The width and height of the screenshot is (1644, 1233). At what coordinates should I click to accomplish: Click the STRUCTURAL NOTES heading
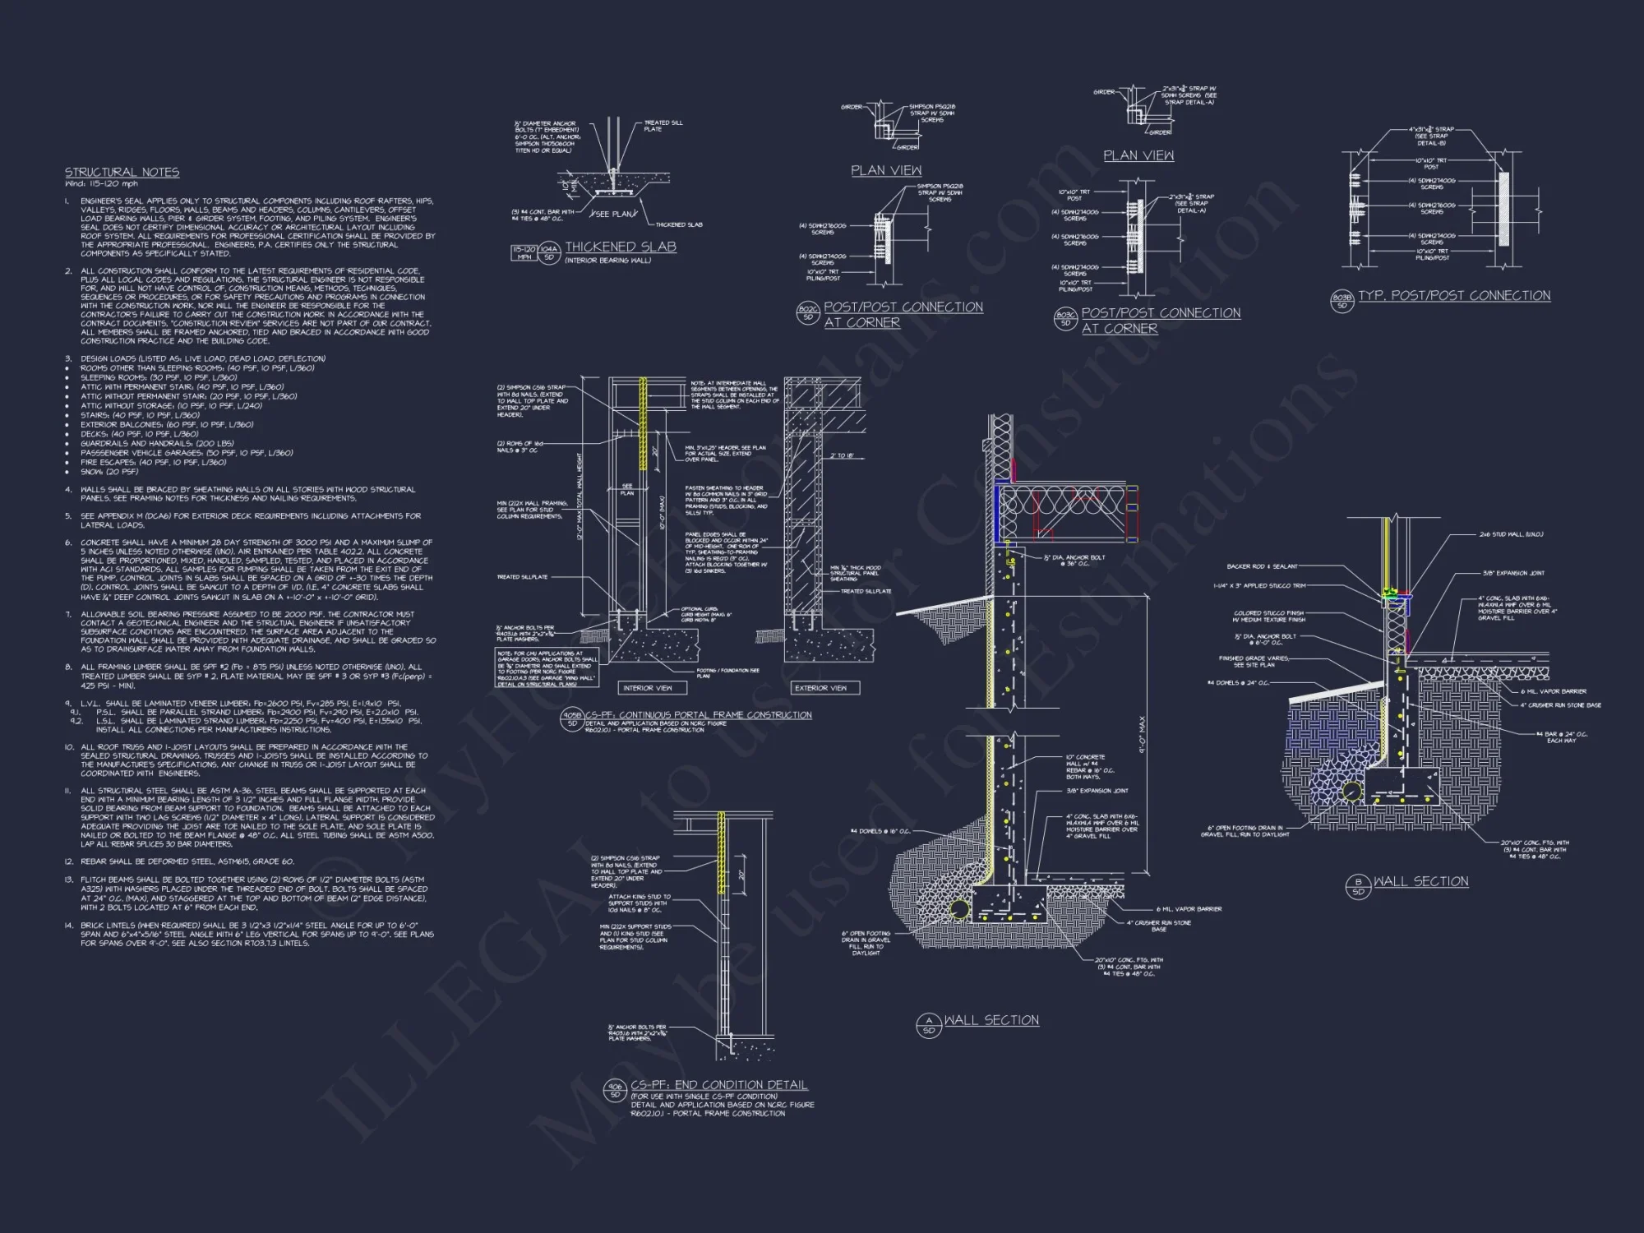click(122, 172)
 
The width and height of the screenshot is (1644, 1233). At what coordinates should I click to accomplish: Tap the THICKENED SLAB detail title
click(621, 247)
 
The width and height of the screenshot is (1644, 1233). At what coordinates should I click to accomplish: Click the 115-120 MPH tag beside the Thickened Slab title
click(524, 252)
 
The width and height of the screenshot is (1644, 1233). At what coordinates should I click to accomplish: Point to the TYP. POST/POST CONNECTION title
click(1454, 296)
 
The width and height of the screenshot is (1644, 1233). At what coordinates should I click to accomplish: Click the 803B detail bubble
click(1342, 302)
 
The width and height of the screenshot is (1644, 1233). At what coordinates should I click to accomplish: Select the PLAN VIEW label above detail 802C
click(886, 170)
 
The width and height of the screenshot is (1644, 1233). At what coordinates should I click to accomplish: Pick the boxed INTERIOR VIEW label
click(648, 688)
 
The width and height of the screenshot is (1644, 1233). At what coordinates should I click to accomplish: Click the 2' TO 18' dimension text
click(842, 455)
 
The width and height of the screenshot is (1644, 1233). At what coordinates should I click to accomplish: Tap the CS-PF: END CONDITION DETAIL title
click(718, 1085)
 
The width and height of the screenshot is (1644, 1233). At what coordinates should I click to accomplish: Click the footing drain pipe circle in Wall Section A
click(958, 909)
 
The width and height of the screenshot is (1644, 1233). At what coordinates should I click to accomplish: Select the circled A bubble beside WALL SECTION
click(928, 1024)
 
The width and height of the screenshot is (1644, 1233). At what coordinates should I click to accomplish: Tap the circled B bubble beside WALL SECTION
click(1358, 885)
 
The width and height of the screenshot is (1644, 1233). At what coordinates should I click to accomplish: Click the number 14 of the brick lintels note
click(69, 926)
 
